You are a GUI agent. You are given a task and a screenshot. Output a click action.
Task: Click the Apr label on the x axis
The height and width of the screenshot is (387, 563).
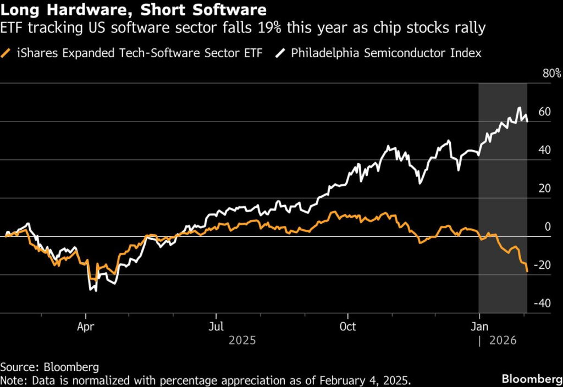(x=85, y=327)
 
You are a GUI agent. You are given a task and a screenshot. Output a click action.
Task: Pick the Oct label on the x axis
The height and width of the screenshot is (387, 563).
(x=347, y=327)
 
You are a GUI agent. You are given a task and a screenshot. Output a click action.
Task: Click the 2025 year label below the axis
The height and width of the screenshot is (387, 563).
(x=242, y=341)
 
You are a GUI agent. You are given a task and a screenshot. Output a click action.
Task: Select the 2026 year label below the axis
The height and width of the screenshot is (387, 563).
(x=503, y=341)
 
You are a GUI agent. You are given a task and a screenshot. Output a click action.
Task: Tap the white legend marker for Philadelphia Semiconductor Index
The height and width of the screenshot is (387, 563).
(x=282, y=53)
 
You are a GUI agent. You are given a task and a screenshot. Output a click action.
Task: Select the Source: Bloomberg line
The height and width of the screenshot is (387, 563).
(x=45, y=367)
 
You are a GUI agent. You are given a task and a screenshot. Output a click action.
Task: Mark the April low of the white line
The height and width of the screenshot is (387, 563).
(x=96, y=290)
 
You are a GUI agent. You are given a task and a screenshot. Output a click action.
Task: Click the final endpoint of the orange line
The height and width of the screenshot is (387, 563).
(x=527, y=272)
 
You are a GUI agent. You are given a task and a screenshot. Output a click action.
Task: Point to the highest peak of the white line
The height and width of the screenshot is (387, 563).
(x=519, y=108)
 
